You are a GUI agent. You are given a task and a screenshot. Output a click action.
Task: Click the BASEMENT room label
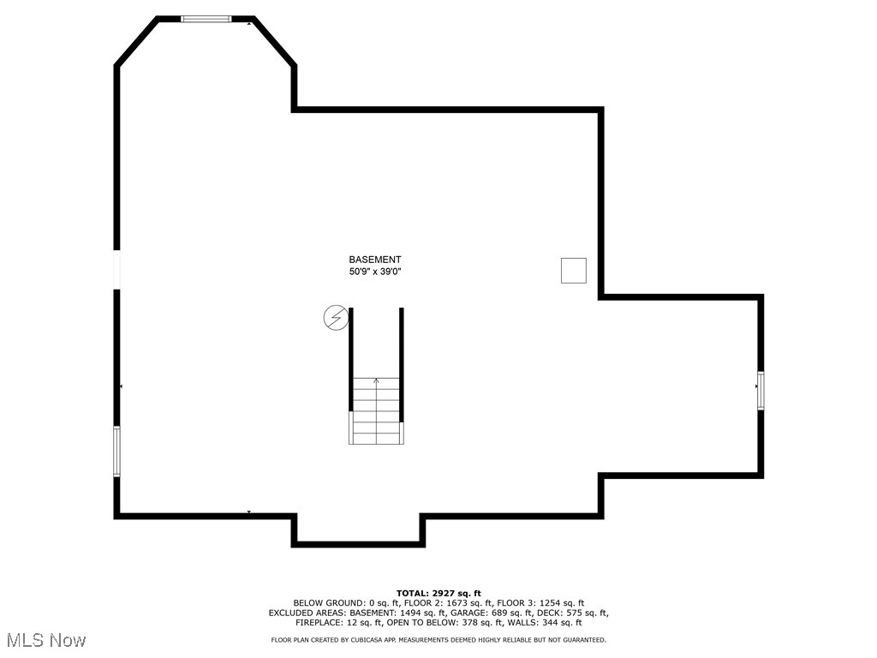(374, 260)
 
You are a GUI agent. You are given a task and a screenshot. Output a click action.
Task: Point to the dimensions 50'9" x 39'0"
(374, 272)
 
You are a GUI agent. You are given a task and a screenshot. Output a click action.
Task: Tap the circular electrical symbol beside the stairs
(336, 318)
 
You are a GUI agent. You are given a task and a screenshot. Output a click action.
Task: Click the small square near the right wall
(573, 270)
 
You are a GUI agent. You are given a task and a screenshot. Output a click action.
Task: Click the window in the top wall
(206, 18)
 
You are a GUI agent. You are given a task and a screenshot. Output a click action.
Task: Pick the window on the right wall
(760, 391)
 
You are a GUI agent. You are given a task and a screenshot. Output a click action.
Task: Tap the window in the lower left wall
(117, 452)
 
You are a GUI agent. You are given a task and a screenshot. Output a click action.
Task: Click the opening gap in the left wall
(117, 269)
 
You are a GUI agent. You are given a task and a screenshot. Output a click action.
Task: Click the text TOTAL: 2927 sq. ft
(438, 593)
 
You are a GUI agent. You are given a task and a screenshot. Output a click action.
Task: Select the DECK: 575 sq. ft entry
(572, 613)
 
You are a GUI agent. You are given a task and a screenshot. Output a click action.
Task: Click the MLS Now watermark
(46, 640)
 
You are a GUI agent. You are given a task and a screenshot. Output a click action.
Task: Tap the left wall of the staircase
(351, 360)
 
